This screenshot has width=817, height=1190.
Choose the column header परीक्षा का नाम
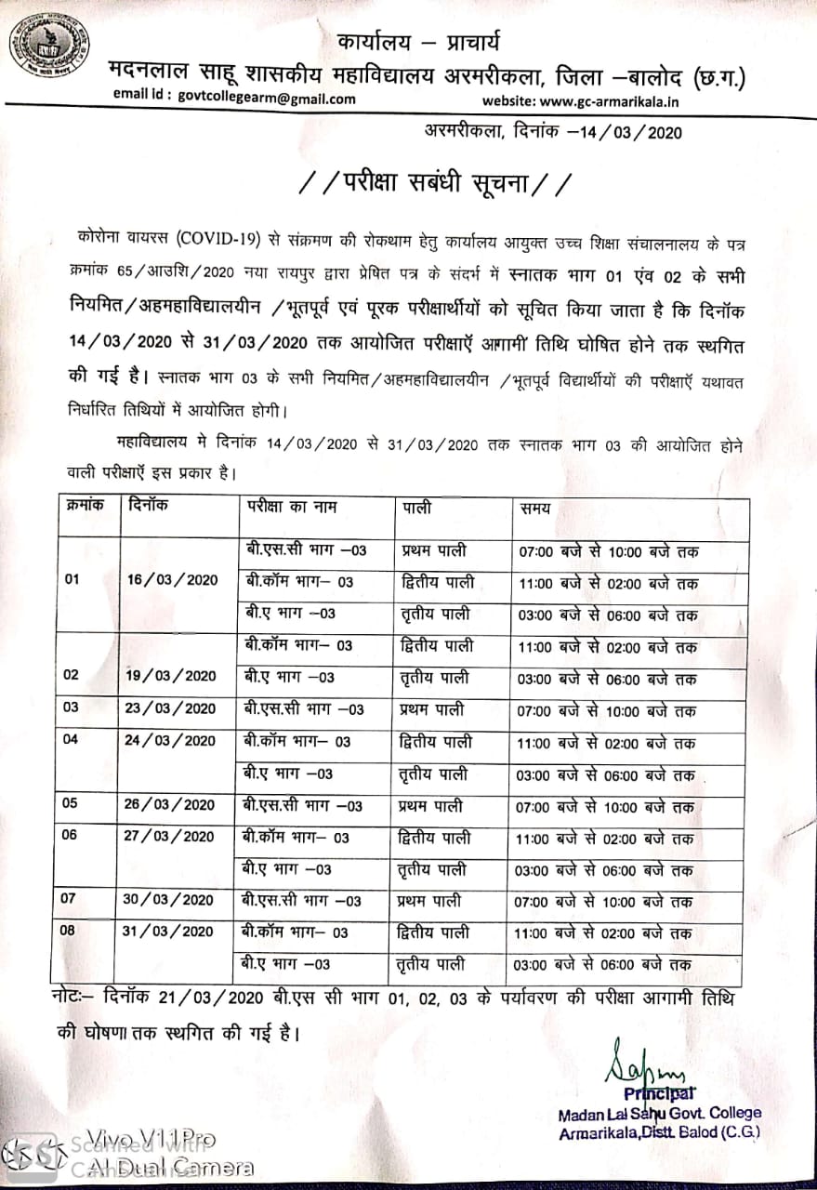(291, 508)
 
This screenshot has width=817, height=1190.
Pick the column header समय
(535, 509)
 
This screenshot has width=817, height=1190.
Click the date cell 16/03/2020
(172, 580)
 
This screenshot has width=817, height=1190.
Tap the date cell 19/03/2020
(170, 676)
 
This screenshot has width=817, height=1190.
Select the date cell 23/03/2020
(170, 708)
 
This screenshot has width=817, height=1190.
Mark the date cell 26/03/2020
(169, 804)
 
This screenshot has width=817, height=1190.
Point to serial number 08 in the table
(71, 931)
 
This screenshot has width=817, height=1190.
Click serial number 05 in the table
(71, 804)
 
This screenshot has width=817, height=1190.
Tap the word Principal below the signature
(659, 1093)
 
